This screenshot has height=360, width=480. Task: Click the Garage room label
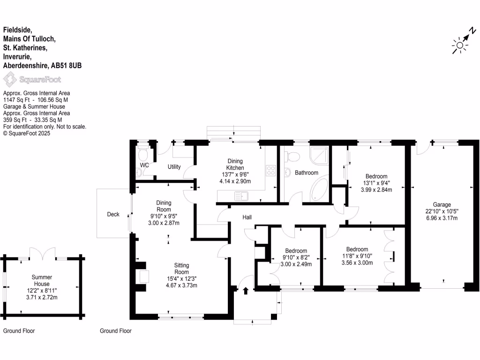tap(442, 204)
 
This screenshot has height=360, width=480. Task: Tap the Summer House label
tap(42, 280)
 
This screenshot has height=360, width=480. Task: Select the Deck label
tap(113, 214)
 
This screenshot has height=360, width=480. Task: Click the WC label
tap(144, 165)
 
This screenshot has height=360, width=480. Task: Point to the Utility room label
tap(174, 167)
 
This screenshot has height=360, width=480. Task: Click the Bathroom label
tap(307, 172)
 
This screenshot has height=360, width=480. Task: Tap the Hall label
tap(247, 217)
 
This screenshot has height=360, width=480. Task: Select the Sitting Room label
tap(181, 269)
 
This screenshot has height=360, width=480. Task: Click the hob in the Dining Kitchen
tap(271, 170)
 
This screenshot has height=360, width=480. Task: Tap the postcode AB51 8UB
tap(66, 66)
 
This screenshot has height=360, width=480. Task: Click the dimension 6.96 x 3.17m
tap(442, 217)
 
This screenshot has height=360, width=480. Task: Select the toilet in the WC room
tap(143, 154)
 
